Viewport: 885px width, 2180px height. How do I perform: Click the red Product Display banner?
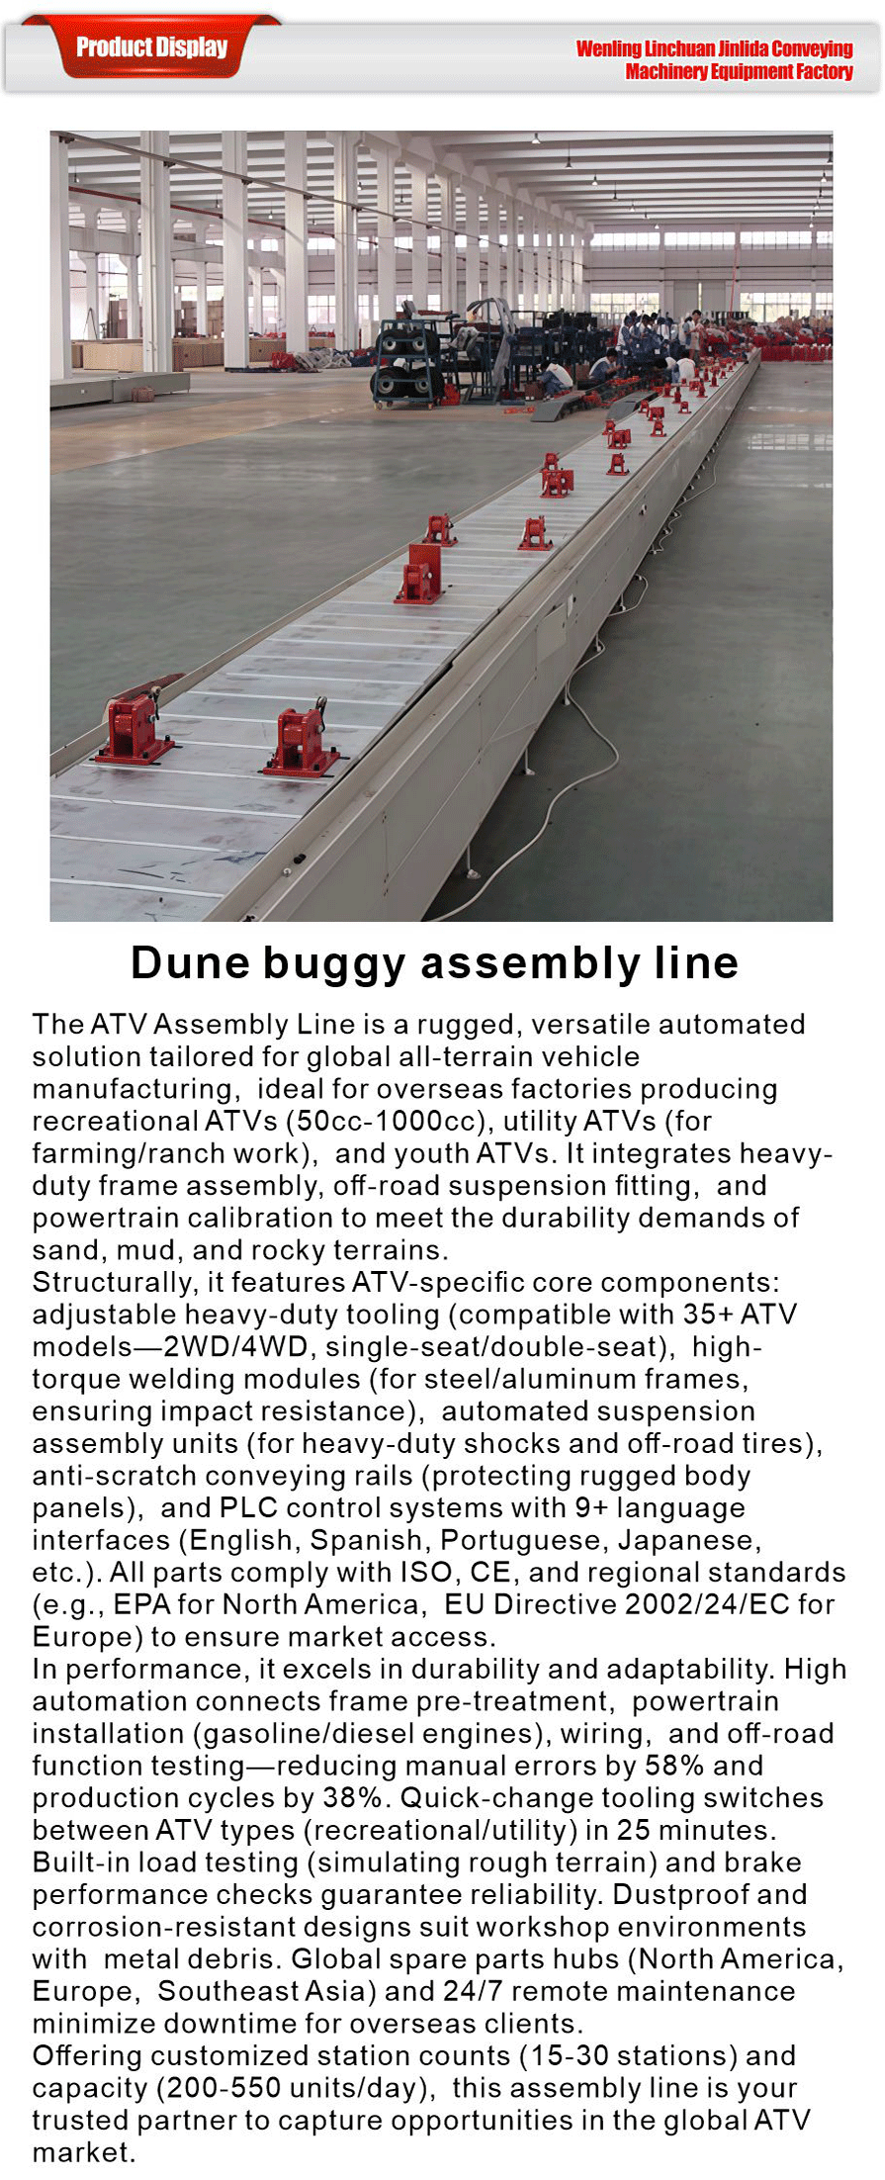(151, 46)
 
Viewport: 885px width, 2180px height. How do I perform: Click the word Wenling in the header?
(608, 48)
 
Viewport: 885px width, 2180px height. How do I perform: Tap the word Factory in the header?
(824, 71)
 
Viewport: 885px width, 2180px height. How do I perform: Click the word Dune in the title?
(189, 962)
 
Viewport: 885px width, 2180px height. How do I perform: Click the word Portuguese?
(524, 1540)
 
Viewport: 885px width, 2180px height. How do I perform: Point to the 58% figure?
(674, 1766)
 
